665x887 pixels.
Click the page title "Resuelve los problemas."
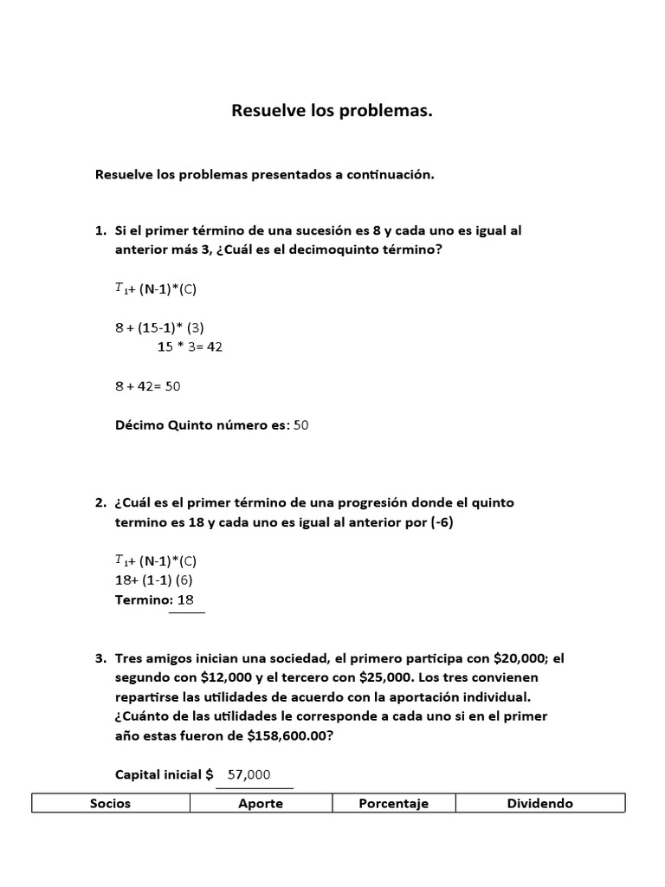(x=332, y=111)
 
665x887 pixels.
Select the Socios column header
(x=111, y=803)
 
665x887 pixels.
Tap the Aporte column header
(x=261, y=803)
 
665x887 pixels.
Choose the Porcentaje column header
(x=394, y=803)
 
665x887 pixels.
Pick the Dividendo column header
(x=540, y=803)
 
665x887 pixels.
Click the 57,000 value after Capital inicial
(x=249, y=774)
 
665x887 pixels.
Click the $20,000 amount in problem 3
(x=511, y=658)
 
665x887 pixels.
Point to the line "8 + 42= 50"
(x=147, y=386)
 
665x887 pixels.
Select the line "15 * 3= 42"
(x=191, y=346)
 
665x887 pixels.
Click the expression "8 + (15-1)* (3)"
(x=159, y=327)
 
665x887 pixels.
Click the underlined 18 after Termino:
(x=185, y=599)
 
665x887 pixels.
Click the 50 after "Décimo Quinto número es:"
(x=301, y=424)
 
